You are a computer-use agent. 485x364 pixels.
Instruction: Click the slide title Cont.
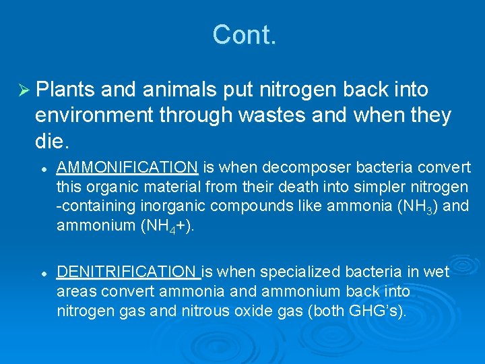[244, 35]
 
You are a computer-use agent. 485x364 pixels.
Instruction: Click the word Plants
[66, 90]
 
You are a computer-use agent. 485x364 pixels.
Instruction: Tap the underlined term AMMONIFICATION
[127, 166]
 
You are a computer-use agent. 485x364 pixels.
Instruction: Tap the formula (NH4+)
[166, 226]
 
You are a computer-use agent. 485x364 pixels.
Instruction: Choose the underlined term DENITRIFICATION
[128, 272]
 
